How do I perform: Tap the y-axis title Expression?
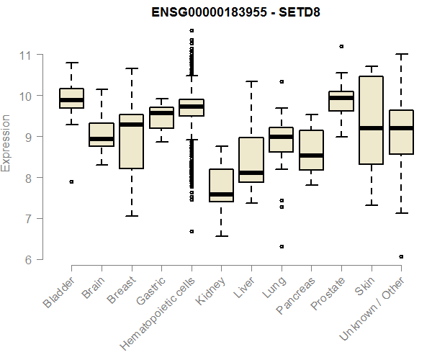point(6,143)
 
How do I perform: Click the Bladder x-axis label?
point(60,292)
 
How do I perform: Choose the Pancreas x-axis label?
point(294,297)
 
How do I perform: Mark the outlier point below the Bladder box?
point(71,182)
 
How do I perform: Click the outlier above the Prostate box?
point(341,46)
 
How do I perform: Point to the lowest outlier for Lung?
point(281,246)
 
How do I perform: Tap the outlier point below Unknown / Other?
point(401,256)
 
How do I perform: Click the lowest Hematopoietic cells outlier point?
point(191,231)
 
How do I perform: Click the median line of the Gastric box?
point(161,113)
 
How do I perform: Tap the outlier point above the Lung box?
point(281,81)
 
